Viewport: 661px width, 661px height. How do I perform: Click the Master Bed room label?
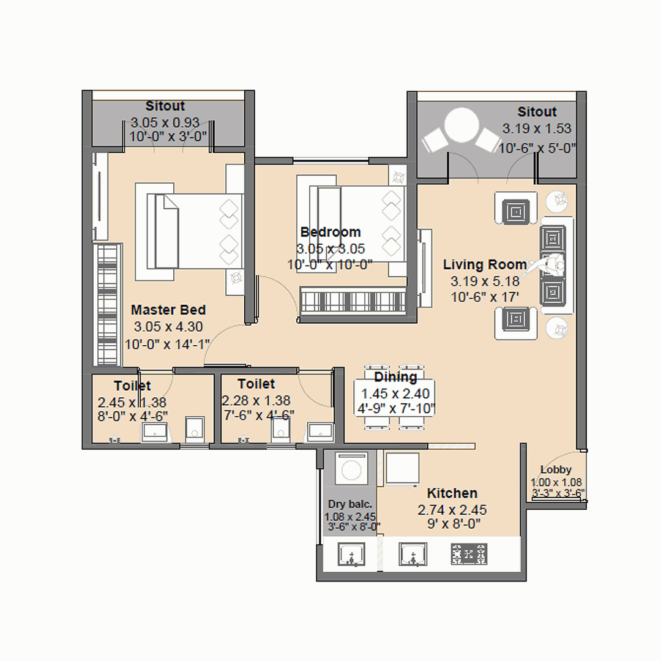168,310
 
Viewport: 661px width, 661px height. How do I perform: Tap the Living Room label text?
485,264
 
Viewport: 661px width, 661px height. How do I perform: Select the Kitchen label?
452,493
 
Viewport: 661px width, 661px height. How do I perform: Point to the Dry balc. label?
350,504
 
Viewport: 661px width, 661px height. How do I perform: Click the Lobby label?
556,469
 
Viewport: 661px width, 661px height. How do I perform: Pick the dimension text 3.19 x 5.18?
485,281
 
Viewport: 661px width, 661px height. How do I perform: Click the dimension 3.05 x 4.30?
168,327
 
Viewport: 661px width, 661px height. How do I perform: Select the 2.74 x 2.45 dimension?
452,510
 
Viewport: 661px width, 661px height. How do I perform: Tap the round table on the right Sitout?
462,126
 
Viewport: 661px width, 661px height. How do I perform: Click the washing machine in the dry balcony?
351,469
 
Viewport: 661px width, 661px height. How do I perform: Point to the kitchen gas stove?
469,554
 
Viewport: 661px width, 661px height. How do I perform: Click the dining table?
395,397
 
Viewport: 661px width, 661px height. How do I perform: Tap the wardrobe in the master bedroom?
107,304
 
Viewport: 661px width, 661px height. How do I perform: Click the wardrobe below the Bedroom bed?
353,301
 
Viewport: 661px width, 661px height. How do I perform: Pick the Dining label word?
395,376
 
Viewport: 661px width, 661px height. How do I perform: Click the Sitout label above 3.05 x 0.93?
165,105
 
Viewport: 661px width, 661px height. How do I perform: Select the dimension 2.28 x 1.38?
256,400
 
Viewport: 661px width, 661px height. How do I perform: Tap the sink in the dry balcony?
351,554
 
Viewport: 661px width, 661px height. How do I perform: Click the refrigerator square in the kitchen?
403,469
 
